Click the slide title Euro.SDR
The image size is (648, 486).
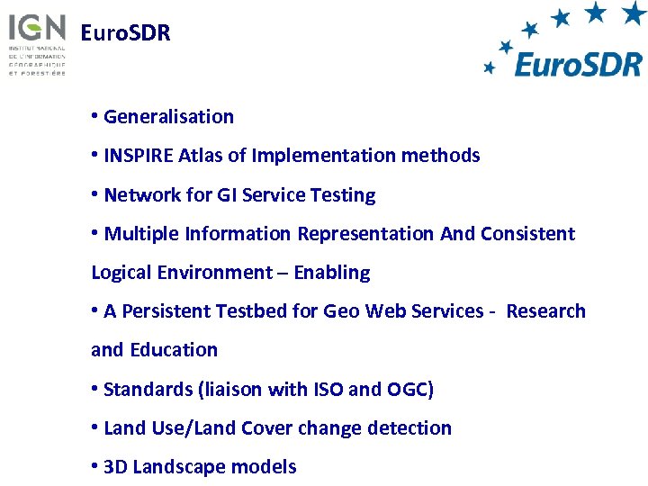(x=125, y=34)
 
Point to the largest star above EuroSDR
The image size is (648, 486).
(x=634, y=13)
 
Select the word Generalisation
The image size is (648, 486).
(x=168, y=116)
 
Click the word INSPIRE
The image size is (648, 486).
(x=139, y=156)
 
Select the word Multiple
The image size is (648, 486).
(x=141, y=234)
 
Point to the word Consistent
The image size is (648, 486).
(x=527, y=234)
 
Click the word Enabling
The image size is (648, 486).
(x=332, y=273)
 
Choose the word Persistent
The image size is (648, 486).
(x=166, y=311)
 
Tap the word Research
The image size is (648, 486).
(x=545, y=311)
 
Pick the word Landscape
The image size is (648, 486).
(x=180, y=467)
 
